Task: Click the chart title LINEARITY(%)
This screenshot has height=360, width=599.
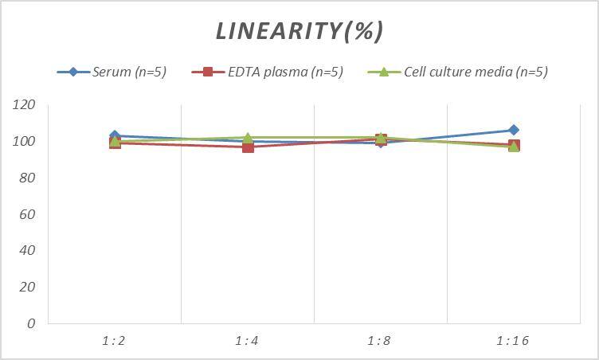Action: click(299, 31)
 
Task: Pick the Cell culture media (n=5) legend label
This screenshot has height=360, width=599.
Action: click(476, 72)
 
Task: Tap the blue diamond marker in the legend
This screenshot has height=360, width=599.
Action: click(73, 72)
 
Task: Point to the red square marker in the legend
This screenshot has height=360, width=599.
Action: click(208, 72)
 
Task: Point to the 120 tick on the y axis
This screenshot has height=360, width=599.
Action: click(24, 105)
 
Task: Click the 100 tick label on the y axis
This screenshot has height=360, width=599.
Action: click(24, 142)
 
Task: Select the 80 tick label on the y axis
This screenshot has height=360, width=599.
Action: click(27, 178)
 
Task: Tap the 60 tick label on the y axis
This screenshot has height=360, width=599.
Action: click(27, 214)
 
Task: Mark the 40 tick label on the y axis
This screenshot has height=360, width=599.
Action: click(27, 250)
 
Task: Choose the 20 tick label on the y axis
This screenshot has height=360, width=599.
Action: click(27, 287)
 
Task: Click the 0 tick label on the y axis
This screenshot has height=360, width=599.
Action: click(31, 323)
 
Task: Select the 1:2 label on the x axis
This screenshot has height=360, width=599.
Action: click(114, 341)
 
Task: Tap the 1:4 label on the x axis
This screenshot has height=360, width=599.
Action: click(247, 341)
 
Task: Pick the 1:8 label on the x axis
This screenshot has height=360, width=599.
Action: click(380, 341)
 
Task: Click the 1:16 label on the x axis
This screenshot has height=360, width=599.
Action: click(513, 341)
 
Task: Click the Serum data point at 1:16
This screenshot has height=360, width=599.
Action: click(514, 130)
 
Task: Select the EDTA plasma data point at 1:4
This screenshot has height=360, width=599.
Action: click(248, 147)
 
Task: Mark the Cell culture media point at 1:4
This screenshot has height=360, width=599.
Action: click(248, 138)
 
